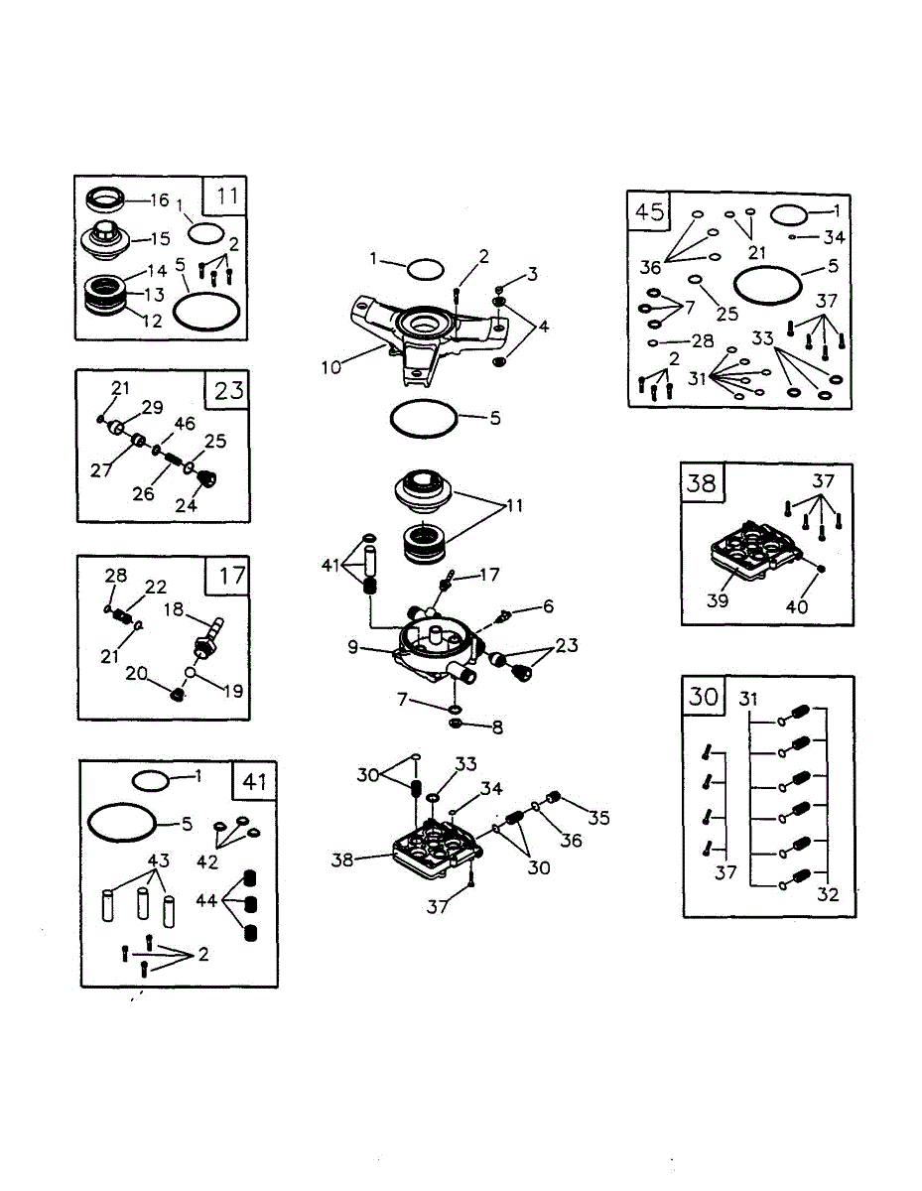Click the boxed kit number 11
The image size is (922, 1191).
tap(226, 195)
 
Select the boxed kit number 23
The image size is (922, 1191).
tap(228, 389)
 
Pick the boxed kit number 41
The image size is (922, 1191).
tap(255, 781)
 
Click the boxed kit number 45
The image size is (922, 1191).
tap(649, 210)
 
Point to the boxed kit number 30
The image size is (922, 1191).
tap(704, 697)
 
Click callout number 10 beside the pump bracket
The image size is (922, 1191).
tap(330, 367)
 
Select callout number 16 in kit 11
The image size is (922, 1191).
tap(159, 200)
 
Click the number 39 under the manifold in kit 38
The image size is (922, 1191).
tap(718, 601)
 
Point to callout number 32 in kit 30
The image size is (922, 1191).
tap(827, 894)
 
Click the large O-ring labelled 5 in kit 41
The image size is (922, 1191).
tap(123, 823)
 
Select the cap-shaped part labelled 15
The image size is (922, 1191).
tap(102, 239)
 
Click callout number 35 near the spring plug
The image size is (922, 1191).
tap(597, 819)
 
